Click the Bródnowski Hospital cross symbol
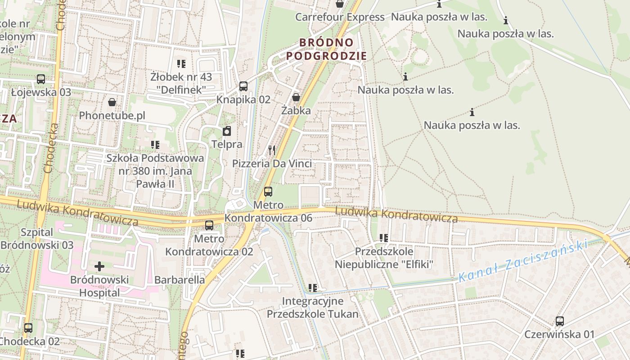click(99, 266)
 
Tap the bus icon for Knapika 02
click(243, 86)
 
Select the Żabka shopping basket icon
click(296, 97)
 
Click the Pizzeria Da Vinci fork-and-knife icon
click(272, 150)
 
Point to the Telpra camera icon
click(227, 131)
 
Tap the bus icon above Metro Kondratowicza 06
click(268, 192)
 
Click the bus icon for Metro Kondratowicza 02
click(209, 225)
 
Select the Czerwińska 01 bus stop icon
click(560, 321)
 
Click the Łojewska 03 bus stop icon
click(41, 79)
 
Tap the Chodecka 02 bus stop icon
click(28, 328)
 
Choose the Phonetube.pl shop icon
click(112, 103)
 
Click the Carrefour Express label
click(340, 17)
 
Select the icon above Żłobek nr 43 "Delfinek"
click(181, 64)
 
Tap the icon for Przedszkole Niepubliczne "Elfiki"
click(384, 238)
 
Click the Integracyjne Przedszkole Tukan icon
click(313, 288)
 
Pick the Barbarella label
click(180, 279)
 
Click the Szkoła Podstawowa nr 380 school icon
click(155, 145)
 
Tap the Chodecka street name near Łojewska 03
click(50, 148)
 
